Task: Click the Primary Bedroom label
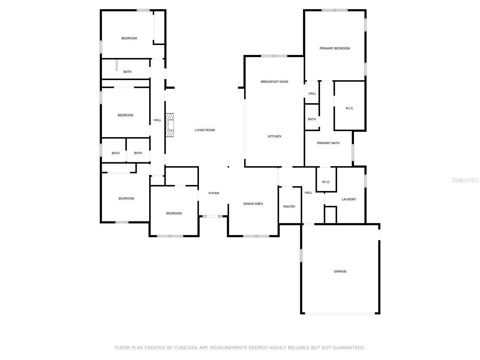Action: (334, 48)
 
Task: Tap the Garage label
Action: (340, 271)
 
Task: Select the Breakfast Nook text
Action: (274, 82)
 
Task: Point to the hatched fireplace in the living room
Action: (170, 125)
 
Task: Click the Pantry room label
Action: (289, 207)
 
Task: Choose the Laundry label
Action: (349, 199)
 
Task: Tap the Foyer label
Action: (214, 193)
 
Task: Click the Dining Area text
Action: (253, 204)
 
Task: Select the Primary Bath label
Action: (328, 143)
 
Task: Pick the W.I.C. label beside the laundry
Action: (326, 182)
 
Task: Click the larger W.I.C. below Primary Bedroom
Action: (349, 108)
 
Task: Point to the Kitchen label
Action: (274, 136)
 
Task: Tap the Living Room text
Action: (205, 130)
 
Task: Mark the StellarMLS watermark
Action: (465, 180)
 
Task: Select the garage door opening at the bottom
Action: (340, 313)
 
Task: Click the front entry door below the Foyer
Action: (212, 216)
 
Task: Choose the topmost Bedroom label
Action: (129, 38)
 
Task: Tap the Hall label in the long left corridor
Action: (157, 120)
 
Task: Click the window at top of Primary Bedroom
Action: (334, 10)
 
